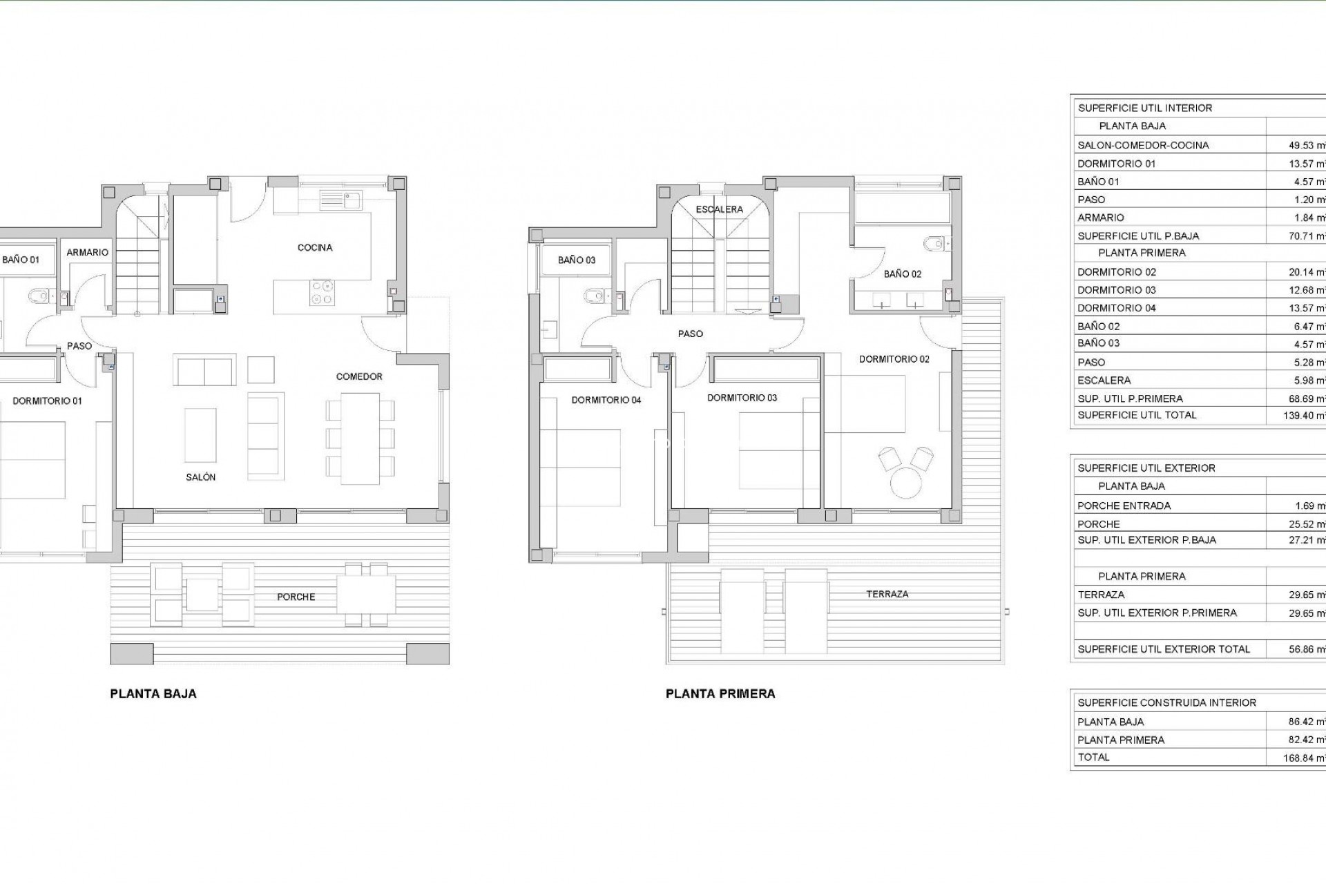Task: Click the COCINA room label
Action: pos(315,247)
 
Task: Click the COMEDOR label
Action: pos(359,376)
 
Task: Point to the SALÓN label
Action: pos(200,477)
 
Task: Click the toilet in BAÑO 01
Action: pos(39,297)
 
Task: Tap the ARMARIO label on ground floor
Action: pos(88,253)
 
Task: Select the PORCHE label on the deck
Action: pos(296,597)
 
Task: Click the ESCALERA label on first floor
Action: pos(719,209)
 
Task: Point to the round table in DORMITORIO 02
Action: pos(907,482)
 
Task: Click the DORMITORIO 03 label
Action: pos(742,398)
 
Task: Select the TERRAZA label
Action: pos(887,594)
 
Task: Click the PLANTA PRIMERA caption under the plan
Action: pos(720,694)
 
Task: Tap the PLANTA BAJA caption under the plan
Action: pos(153,694)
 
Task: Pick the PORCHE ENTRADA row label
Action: pos(1124,506)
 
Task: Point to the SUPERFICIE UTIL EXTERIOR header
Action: pos(1146,468)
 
